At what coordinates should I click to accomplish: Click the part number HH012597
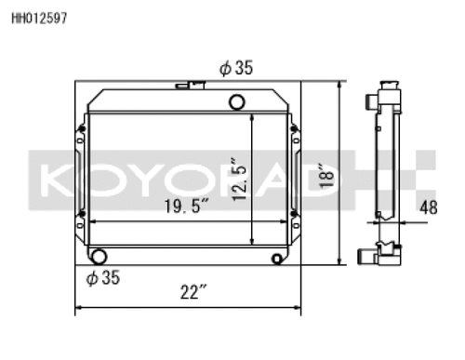click(x=38, y=17)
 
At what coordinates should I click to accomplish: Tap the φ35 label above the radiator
click(x=237, y=67)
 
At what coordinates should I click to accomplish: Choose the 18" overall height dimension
click(x=324, y=174)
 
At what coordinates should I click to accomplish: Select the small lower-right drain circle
click(x=276, y=259)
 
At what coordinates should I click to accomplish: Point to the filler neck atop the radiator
click(x=196, y=86)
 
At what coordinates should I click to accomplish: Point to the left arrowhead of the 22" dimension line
click(x=78, y=307)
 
